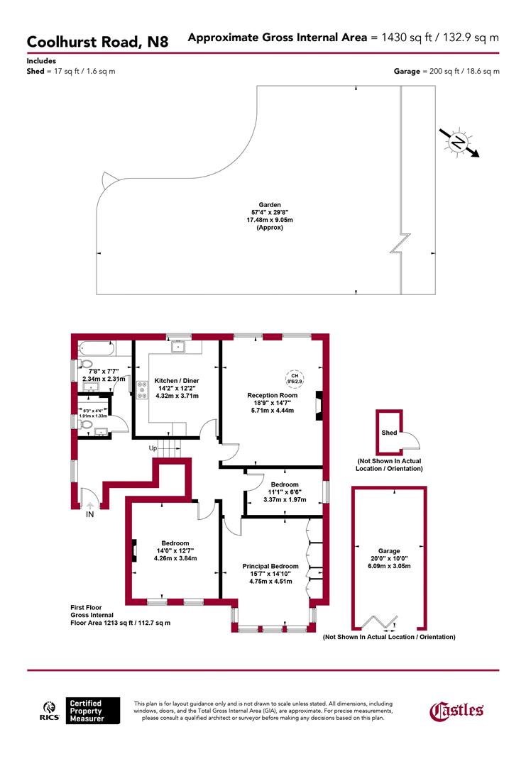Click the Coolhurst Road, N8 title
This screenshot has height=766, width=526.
click(98, 42)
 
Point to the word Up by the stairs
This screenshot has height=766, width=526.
click(152, 448)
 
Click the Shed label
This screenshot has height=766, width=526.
click(389, 433)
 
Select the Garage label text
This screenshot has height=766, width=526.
click(389, 550)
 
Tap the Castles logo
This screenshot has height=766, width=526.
click(458, 710)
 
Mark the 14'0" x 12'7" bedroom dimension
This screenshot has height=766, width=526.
click(175, 550)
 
